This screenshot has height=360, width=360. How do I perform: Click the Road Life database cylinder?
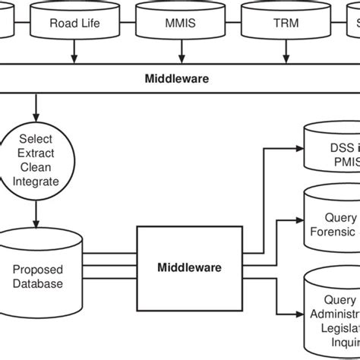pos(74,22)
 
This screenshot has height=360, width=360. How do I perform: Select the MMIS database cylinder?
pos(180,22)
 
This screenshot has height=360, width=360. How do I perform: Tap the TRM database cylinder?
pos(286,22)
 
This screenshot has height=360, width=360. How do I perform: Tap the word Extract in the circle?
pos(33,153)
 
